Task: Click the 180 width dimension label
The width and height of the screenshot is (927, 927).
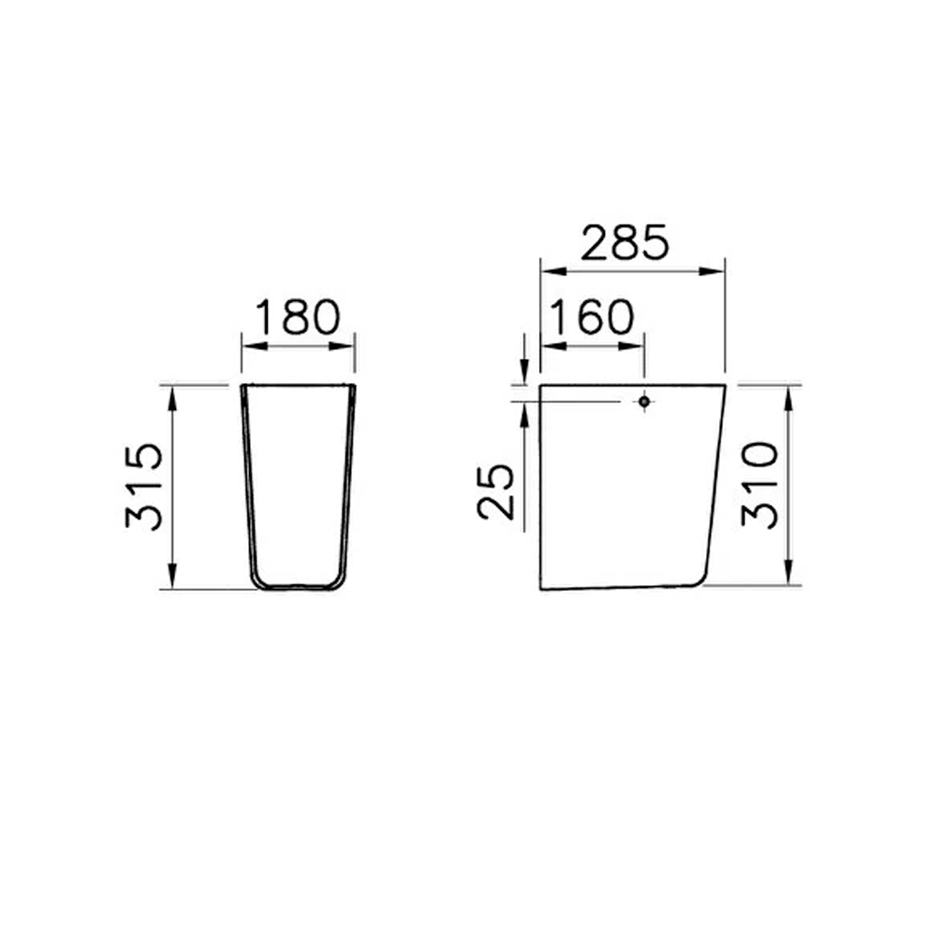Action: pyautogui.click(x=298, y=317)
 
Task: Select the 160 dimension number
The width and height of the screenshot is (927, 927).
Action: pyautogui.click(x=591, y=317)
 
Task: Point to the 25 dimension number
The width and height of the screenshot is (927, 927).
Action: pyautogui.click(x=496, y=491)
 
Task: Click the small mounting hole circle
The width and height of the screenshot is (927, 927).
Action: pyautogui.click(x=643, y=402)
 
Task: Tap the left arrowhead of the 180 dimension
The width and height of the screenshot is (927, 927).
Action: pyautogui.click(x=250, y=346)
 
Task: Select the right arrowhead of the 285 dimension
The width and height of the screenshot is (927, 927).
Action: pyautogui.click(x=716, y=271)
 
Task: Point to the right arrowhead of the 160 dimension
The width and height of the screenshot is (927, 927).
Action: pyautogui.click(x=636, y=346)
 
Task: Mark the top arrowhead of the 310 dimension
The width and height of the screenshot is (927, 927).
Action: pyautogui.click(x=789, y=393)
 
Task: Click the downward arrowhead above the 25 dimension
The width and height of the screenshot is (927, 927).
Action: pyautogui.click(x=524, y=375)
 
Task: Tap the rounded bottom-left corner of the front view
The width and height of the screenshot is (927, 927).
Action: pyautogui.click(x=257, y=581)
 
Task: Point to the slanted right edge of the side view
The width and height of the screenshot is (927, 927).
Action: pyautogui.click(x=716, y=478)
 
